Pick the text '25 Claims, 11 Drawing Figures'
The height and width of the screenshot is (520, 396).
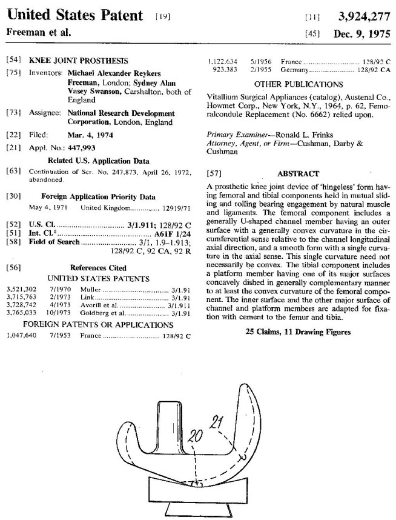pyautogui.click(x=299, y=332)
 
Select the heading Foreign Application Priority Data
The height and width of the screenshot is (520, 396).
pyautogui.click(x=98, y=196)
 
